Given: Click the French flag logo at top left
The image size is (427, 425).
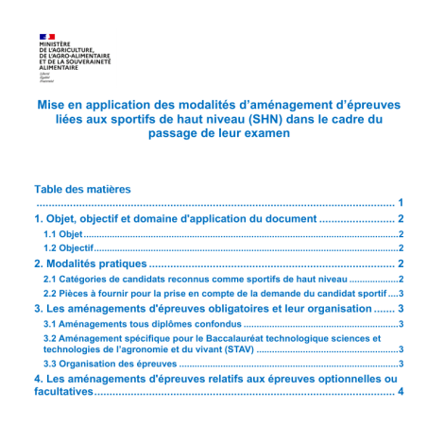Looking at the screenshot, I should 47,35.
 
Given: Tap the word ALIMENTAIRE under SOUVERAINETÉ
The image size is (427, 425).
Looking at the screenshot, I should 59,68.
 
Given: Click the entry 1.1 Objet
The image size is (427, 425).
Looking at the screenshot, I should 64,232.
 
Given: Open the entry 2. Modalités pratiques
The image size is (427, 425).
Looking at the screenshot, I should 91,263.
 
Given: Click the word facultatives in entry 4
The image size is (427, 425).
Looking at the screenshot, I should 63,392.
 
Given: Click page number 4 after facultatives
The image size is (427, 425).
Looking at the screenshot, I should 401,392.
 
